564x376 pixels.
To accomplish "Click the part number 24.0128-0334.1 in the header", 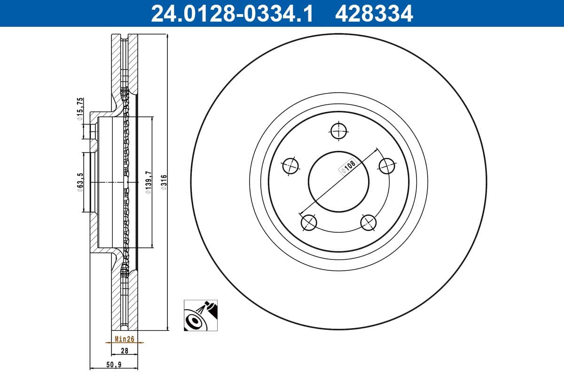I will click(x=231, y=13).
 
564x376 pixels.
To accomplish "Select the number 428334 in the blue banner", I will click(x=374, y=13).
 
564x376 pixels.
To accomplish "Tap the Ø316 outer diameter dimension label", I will click(x=164, y=181).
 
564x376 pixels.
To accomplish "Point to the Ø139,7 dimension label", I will click(x=148, y=181).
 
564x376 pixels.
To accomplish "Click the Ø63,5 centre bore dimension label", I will click(x=80, y=181).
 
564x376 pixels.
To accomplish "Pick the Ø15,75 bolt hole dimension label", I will click(x=80, y=109).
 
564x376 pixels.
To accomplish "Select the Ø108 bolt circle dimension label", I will click(x=349, y=167).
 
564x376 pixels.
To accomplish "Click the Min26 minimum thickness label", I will click(x=124, y=338).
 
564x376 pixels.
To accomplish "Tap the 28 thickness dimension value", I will click(x=124, y=351).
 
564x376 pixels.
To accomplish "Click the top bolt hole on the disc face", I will click(x=338, y=131).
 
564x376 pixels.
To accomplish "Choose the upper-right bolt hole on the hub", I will click(x=386, y=165).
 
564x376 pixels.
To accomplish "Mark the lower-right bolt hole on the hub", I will click(x=368, y=222).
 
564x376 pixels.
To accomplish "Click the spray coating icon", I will click(x=201, y=316).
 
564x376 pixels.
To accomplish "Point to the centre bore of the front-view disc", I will click(x=338, y=181).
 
